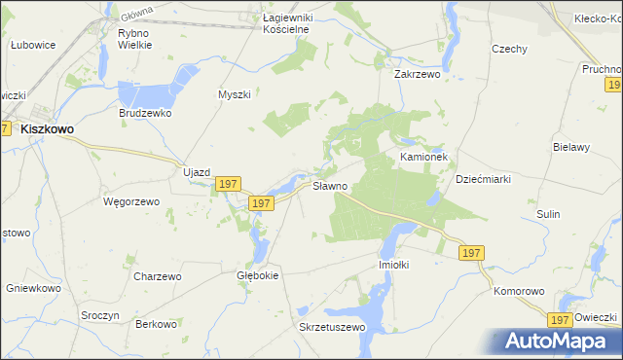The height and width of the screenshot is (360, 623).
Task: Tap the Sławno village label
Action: click(x=329, y=186)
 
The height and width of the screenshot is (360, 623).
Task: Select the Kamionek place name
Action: click(x=422, y=156)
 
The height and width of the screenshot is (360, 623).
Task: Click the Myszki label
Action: click(x=235, y=94)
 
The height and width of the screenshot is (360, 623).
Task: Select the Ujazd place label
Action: click(x=197, y=172)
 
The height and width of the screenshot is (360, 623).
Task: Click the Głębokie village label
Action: click(x=258, y=275)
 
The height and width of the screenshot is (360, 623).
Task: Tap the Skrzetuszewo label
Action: click(x=332, y=327)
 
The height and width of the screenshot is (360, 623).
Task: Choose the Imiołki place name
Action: click(x=396, y=264)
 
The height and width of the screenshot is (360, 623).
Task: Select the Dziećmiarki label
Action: click(x=484, y=179)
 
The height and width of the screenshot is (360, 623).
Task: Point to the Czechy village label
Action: click(x=509, y=50)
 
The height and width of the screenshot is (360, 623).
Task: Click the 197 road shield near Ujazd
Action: click(x=228, y=184)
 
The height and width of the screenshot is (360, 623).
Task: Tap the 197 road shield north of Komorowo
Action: click(x=471, y=253)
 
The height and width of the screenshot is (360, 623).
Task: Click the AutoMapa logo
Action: click(x=561, y=341)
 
